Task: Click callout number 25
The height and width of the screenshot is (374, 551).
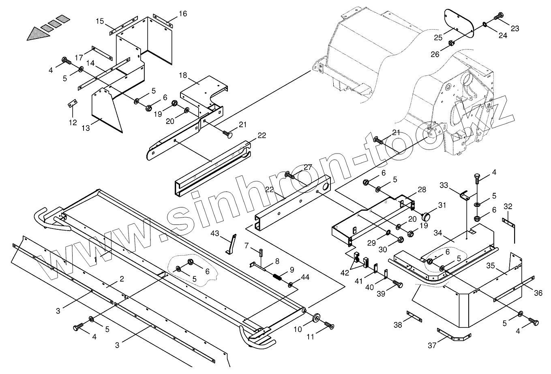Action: click(x=438, y=38)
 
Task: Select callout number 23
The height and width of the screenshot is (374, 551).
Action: click(x=515, y=28)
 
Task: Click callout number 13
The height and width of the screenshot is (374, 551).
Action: click(x=86, y=128)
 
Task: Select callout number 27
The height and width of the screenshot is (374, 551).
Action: click(x=308, y=167)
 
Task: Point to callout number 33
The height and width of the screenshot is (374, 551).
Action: click(x=444, y=185)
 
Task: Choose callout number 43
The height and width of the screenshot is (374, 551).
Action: click(x=215, y=233)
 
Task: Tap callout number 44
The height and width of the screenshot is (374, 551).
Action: click(x=305, y=277)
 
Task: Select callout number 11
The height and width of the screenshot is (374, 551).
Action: click(x=311, y=336)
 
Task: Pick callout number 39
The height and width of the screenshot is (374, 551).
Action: click(x=381, y=293)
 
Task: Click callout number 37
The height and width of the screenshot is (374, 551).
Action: click(x=432, y=345)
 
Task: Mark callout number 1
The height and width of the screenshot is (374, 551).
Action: click(x=95, y=259)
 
